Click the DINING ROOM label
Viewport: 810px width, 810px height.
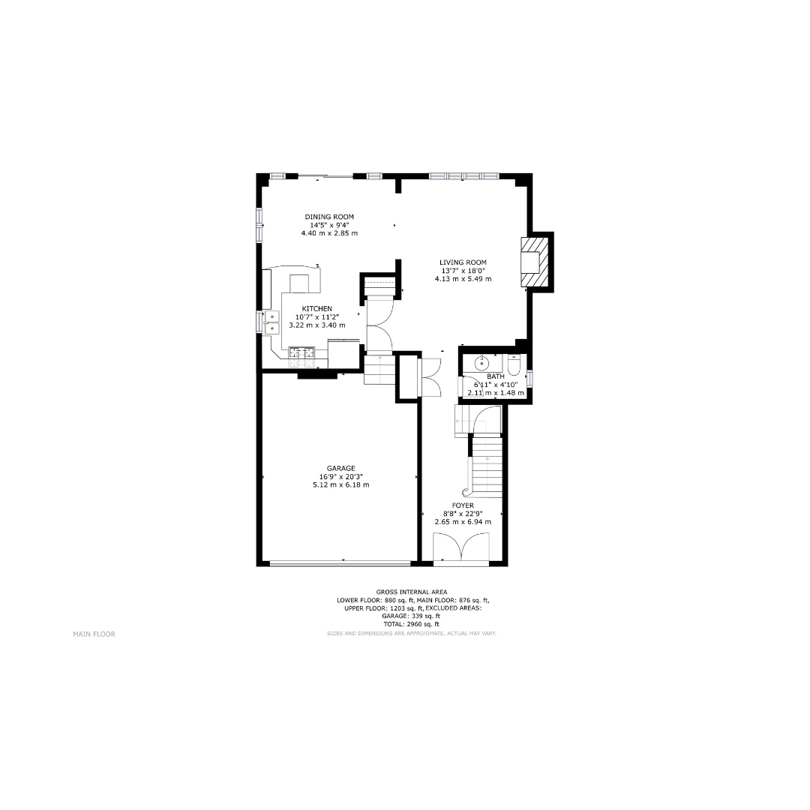(x=329, y=217)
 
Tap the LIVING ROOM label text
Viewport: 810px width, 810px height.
(x=463, y=262)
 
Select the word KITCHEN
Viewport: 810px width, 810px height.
(x=316, y=309)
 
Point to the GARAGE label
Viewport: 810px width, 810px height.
(x=341, y=469)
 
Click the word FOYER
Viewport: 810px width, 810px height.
(x=463, y=505)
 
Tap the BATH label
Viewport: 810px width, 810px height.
(x=496, y=376)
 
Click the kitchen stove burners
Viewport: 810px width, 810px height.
(x=301, y=352)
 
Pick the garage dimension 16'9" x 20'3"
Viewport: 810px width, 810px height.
(x=341, y=477)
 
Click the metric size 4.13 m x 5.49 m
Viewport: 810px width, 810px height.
(x=463, y=279)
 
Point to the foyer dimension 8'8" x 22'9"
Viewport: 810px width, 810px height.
(x=463, y=514)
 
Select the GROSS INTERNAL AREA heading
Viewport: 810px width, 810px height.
(x=412, y=592)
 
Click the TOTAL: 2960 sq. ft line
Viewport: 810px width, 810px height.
(x=412, y=624)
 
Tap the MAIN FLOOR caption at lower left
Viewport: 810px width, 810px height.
(x=94, y=634)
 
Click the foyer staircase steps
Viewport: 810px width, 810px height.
(x=487, y=467)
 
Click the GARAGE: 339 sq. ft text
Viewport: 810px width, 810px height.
(x=411, y=616)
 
